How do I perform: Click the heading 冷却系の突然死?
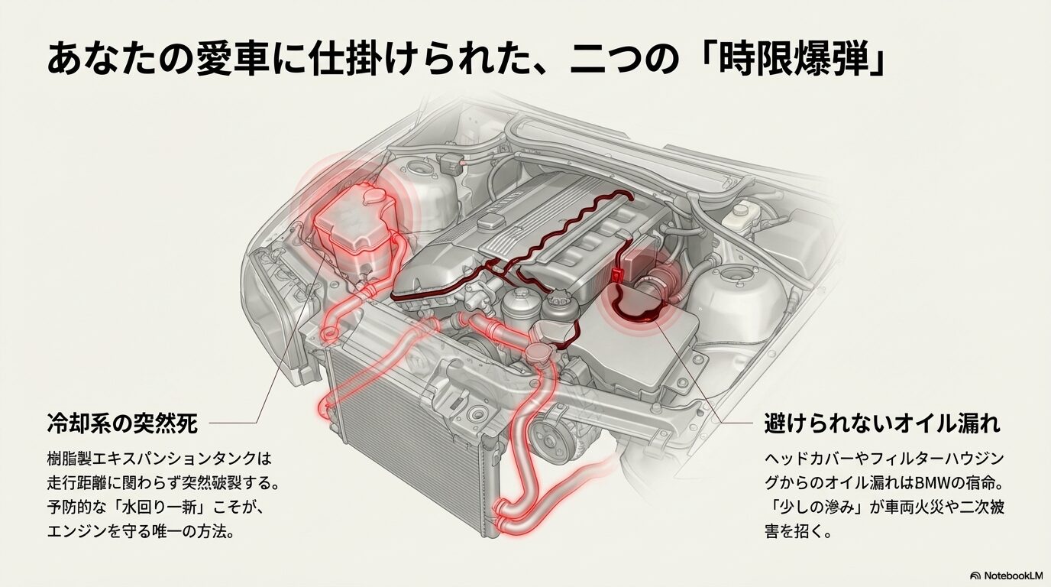tap(122, 423)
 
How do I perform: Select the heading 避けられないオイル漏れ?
tap(882, 423)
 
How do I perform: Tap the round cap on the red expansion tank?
tap(374, 196)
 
